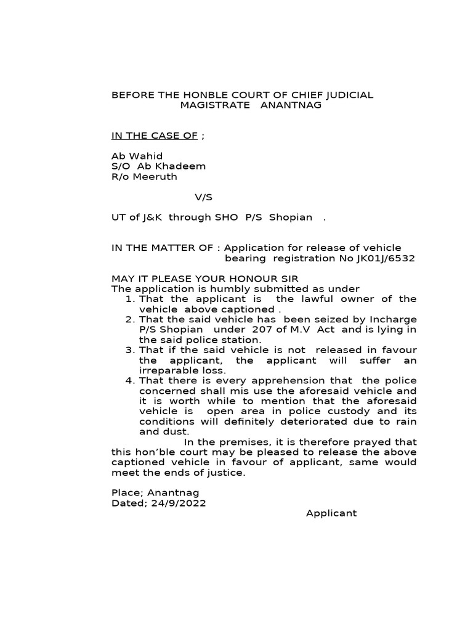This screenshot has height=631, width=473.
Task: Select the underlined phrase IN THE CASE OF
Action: pos(155,136)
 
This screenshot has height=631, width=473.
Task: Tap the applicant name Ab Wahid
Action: pos(137,156)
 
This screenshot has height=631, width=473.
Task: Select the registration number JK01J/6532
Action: pos(386,258)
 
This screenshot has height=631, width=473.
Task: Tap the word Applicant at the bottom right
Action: pos(331,513)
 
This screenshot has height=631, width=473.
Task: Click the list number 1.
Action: pos(129,299)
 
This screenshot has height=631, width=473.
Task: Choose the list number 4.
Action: pos(129,381)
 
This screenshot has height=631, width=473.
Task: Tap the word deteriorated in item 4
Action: pos(323,421)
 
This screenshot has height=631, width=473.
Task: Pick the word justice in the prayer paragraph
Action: pos(228,473)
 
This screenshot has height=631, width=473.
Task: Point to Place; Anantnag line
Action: pos(155,493)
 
